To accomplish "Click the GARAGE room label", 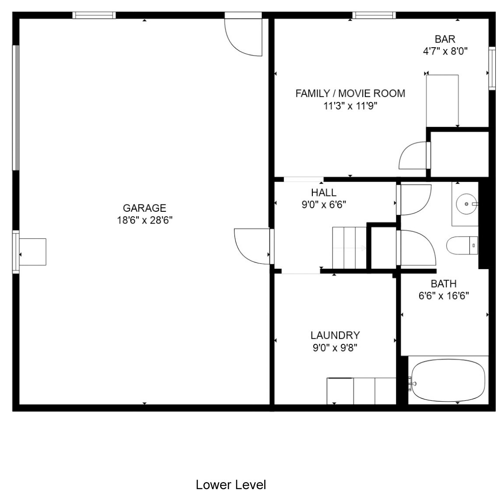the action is [145, 208].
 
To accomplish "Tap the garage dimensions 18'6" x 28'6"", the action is [145, 220].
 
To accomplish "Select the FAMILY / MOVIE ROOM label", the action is [350, 93].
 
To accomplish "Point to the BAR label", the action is [445, 39].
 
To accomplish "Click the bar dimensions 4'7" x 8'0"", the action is [445, 51].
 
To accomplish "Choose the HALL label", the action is [324, 192].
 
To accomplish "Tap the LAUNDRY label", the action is [335, 335].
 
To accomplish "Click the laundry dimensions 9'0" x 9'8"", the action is [335, 347].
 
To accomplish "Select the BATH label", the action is [444, 283].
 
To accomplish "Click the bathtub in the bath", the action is [448, 380].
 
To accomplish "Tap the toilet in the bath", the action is [462, 245].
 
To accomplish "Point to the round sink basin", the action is [466, 204].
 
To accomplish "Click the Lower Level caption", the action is [231, 485].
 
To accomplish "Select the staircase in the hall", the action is [350, 248].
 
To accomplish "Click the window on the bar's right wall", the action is [492, 68].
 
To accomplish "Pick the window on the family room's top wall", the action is [374, 15].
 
